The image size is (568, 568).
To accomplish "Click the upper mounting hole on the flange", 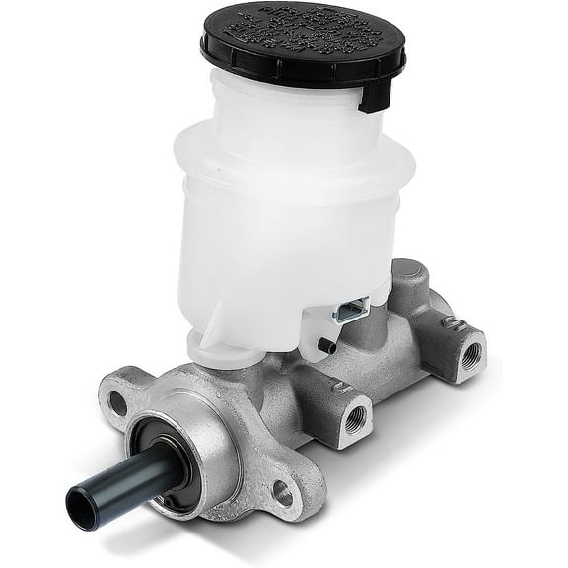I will pos(118,401).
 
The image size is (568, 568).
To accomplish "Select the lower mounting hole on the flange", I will pos(282,489).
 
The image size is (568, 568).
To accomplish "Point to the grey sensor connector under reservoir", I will pos(350,313).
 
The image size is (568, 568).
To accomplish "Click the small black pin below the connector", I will pos(327,345).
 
